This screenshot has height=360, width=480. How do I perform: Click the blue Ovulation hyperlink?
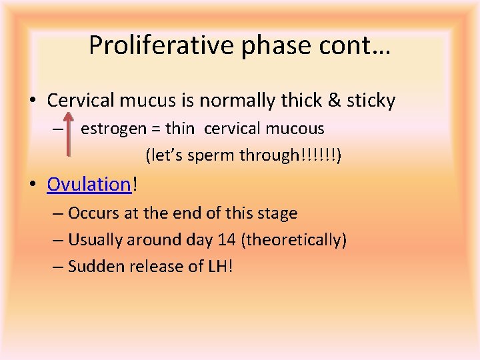(x=89, y=184)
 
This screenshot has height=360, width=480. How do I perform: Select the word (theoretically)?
(x=295, y=240)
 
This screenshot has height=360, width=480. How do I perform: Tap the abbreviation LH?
(x=220, y=267)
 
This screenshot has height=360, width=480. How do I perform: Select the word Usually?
(x=95, y=240)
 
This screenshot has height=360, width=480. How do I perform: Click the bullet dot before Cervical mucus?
(x=33, y=101)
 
